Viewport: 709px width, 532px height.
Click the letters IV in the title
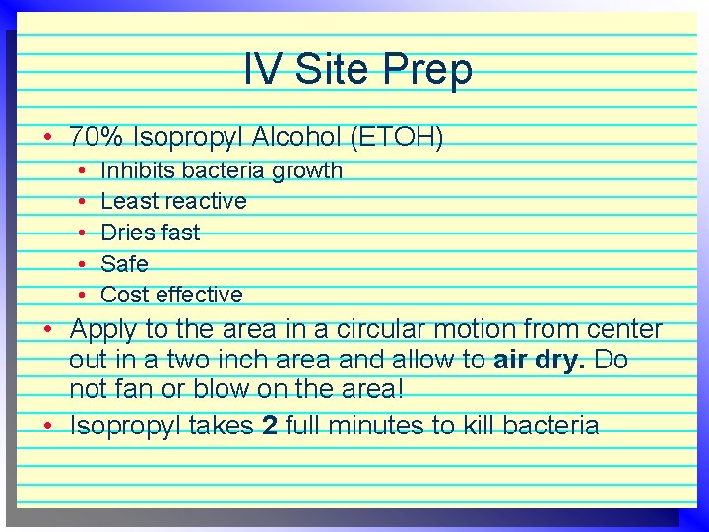(x=261, y=69)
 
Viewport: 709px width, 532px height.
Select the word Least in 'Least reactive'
(x=128, y=201)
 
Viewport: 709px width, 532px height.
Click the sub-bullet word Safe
(x=124, y=264)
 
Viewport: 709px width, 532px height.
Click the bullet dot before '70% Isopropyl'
(x=47, y=136)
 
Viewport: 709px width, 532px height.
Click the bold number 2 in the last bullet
(x=268, y=426)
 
